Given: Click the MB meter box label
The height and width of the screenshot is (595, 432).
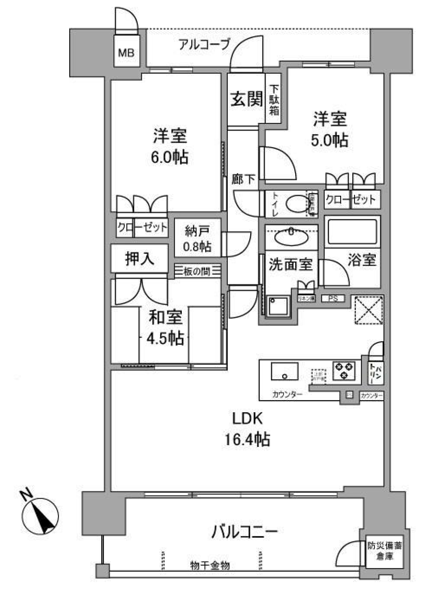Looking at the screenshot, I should pyautogui.click(x=126, y=53).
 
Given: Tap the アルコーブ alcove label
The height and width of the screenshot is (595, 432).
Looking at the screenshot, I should pyautogui.click(x=204, y=44).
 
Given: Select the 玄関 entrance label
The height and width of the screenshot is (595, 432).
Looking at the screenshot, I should pyautogui.click(x=246, y=99).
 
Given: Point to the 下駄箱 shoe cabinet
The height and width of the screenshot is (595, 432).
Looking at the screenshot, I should pyautogui.click(x=274, y=99).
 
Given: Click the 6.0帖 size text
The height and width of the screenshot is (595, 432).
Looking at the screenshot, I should pyautogui.click(x=170, y=157).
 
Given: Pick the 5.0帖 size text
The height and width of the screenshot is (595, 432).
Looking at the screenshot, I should pyautogui.click(x=330, y=140).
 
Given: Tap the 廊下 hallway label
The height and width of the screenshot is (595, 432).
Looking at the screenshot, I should pyautogui.click(x=243, y=180).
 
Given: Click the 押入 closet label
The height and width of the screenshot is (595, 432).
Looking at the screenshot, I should pyautogui.click(x=139, y=258).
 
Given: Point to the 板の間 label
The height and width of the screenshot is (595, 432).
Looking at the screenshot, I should pyautogui.click(x=197, y=271).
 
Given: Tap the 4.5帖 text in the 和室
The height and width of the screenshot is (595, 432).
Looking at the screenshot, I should pyautogui.click(x=165, y=338).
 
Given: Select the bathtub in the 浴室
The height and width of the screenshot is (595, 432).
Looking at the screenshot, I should pyautogui.click(x=352, y=231).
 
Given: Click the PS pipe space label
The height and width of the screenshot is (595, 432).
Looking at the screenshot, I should pyautogui.click(x=333, y=298).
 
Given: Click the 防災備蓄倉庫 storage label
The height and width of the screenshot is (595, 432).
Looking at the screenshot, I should pyautogui.click(x=385, y=550).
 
